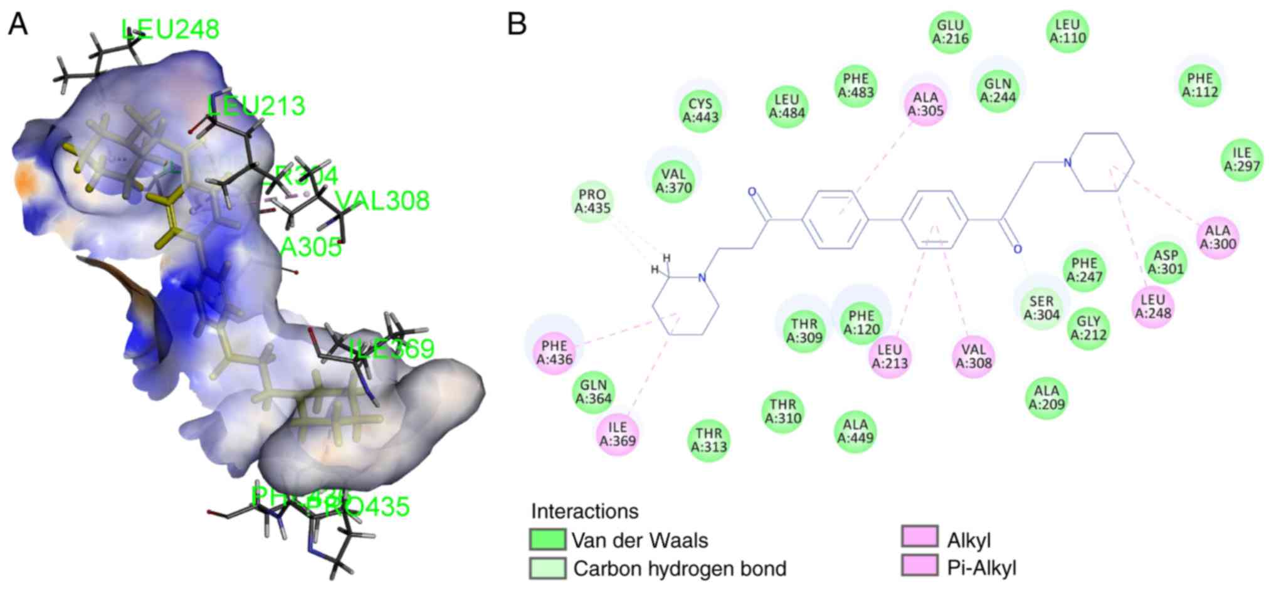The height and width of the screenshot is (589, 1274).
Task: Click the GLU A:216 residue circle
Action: click(x=950, y=32)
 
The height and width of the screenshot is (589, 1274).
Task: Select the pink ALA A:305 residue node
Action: click(x=925, y=104)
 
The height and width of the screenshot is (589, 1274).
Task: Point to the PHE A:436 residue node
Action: click(x=555, y=353)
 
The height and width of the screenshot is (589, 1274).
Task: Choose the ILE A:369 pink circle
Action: click(x=618, y=434)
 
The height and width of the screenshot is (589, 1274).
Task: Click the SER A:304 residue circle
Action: click(x=1041, y=307)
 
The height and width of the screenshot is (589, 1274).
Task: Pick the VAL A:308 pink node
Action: click(x=973, y=356)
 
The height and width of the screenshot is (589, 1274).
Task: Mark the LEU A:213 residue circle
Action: click(x=890, y=356)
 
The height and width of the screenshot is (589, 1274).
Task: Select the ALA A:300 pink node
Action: click(x=1218, y=238)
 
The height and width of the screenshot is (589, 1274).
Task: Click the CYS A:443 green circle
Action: click(x=700, y=110)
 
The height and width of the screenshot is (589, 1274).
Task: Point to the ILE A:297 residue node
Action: click(x=1242, y=159)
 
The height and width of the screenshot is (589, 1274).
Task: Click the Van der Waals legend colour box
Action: click(x=547, y=539)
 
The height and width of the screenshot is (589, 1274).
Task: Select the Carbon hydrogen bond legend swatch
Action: click(x=547, y=568)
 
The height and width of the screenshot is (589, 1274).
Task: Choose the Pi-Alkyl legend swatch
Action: click(x=920, y=566)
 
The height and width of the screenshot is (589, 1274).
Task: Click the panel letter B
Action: click(x=517, y=24)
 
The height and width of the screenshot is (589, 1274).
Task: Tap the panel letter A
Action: click(x=18, y=24)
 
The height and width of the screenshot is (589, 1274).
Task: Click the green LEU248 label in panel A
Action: click(x=171, y=29)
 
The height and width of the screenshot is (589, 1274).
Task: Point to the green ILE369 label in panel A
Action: click(x=391, y=348)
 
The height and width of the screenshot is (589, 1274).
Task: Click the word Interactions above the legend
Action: click(x=584, y=511)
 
